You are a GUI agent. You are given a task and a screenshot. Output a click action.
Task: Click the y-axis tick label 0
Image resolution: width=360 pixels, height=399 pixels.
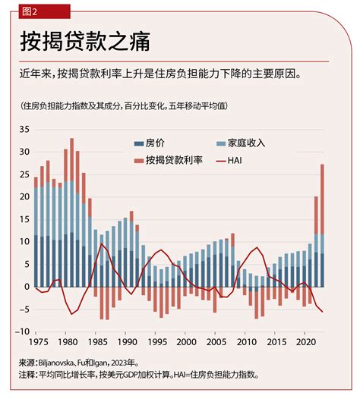pos(26,287)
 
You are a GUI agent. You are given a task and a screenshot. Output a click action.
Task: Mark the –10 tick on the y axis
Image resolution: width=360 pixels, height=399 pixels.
pos(21,331)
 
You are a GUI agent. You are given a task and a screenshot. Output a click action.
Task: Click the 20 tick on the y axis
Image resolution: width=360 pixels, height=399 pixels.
pos(24,197)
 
